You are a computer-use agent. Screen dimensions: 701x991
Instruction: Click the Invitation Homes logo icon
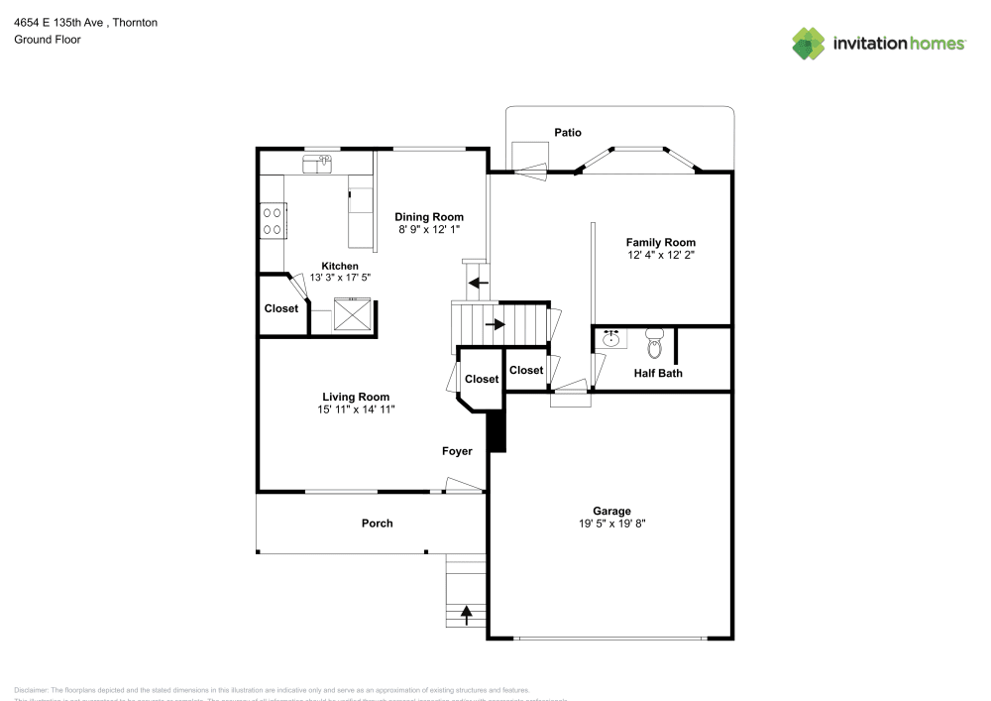[808, 43]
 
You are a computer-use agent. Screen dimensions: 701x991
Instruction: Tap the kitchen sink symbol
[318, 163]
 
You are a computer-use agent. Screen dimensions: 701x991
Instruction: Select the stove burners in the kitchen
[272, 220]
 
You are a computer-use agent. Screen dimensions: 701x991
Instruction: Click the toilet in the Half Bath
[653, 344]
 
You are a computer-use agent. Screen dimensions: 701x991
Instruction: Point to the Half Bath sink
[610, 339]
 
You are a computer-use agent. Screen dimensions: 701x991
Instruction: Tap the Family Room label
[660, 242]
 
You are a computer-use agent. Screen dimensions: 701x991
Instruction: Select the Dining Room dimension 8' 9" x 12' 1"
[428, 229]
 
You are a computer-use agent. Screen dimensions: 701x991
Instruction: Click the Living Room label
[355, 397]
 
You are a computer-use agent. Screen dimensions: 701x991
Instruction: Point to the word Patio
[568, 132]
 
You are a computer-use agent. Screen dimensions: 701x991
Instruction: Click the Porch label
[377, 523]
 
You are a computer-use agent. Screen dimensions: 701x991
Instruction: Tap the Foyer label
[457, 451]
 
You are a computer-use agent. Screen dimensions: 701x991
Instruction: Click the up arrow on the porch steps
[466, 615]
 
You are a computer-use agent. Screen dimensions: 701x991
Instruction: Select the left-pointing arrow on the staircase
[478, 284]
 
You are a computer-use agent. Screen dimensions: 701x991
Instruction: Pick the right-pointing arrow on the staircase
[494, 323]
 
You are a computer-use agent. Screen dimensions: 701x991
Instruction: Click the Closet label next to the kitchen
[281, 308]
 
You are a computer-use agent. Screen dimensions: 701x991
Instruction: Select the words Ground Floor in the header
[48, 40]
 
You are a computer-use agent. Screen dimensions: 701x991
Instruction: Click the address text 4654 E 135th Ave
[58, 22]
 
